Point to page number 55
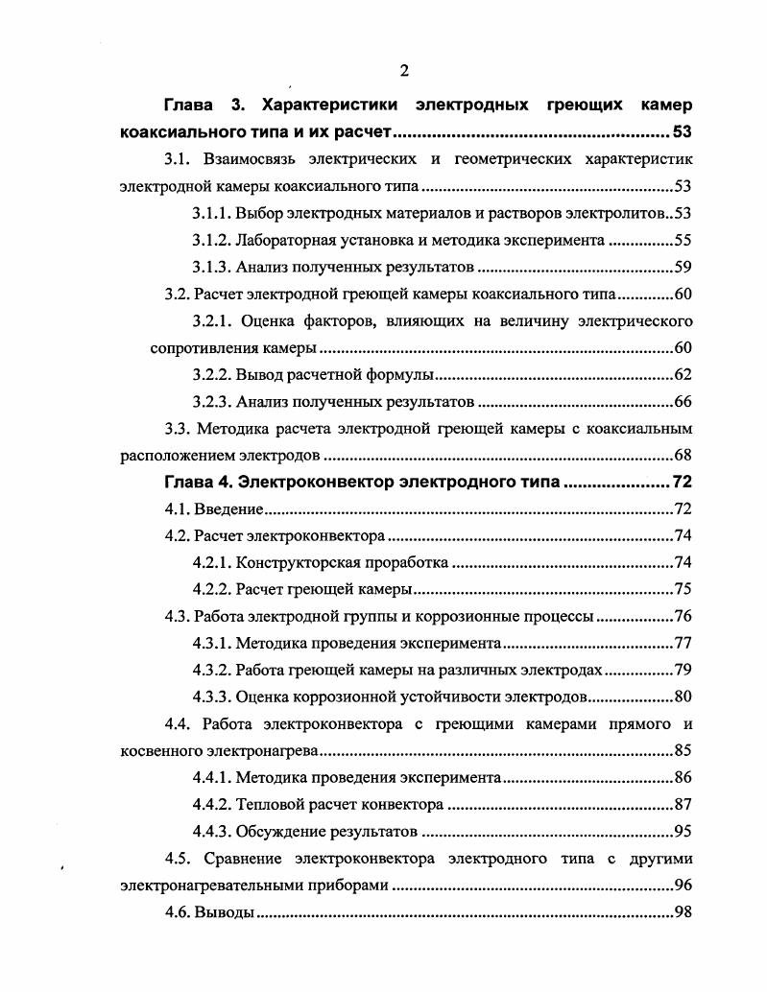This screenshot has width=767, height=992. coord(683,240)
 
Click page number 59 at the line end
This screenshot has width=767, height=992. coord(683,267)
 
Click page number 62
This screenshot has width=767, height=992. coord(683,374)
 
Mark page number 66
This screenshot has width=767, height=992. coord(683,401)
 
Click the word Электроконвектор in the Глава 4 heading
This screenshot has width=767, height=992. coord(316,482)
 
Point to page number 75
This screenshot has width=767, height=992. coord(683,589)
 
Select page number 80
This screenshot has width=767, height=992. coord(683,697)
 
